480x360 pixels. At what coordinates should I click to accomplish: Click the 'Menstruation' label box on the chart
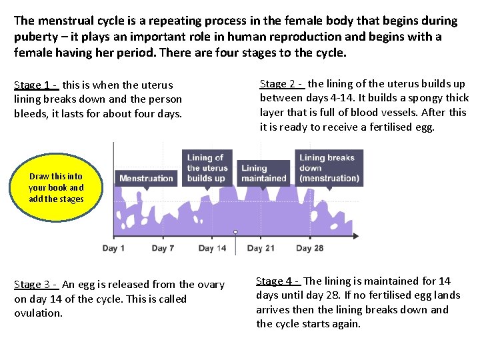click(x=146, y=178)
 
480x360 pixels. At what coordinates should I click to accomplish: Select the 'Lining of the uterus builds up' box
click(x=207, y=167)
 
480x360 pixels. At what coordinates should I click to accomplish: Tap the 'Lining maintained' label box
click(x=263, y=173)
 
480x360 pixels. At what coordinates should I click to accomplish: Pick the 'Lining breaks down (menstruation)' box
click(x=329, y=167)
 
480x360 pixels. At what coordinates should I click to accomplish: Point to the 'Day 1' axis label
click(x=114, y=248)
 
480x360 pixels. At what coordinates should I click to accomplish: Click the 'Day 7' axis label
click(x=163, y=248)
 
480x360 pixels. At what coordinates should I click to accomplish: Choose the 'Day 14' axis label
click(x=212, y=248)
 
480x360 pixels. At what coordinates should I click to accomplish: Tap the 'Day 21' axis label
click(x=261, y=248)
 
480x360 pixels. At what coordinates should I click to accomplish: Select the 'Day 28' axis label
click(x=309, y=248)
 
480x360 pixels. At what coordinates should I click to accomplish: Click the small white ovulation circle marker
click(x=235, y=232)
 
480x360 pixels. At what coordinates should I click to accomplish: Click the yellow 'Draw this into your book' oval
click(x=56, y=187)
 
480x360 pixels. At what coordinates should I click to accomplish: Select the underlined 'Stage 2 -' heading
click(x=282, y=84)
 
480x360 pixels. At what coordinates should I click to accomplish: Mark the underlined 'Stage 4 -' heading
click(x=279, y=281)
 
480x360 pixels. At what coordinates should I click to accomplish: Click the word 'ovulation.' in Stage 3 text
click(x=38, y=313)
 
